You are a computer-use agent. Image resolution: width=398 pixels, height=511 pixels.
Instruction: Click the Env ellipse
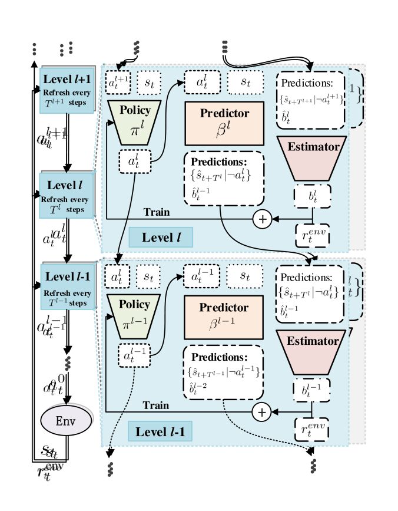click(66, 421)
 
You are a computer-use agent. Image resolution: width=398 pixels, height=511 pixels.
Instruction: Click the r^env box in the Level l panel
click(312, 236)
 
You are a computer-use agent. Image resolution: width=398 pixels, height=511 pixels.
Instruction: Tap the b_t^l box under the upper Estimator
click(312, 195)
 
